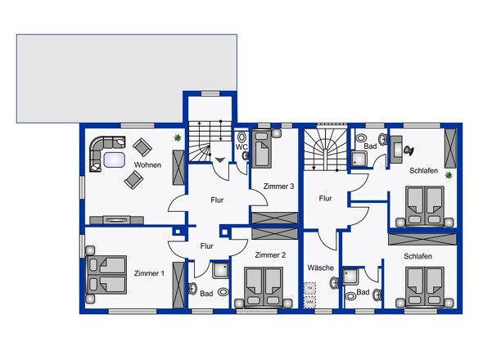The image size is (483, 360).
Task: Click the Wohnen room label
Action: (147, 164)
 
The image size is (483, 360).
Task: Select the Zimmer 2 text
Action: (270, 255)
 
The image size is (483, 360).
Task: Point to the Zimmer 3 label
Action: (278, 187)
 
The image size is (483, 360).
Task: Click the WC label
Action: (242, 148)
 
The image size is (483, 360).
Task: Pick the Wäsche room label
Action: (320, 268)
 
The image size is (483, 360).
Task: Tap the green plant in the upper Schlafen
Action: (449, 175)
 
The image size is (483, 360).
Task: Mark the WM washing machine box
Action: (309, 302)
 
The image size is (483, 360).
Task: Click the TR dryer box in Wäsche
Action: (309, 289)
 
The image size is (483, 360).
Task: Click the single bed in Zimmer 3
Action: (264, 150)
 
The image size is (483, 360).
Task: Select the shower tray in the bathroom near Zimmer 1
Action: (221, 271)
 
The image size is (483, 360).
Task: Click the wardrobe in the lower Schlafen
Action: (421, 239)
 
